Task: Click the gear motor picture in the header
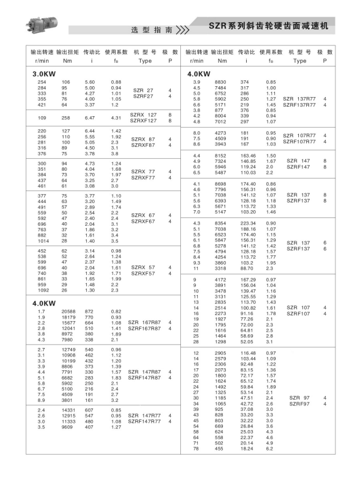click(43, 20)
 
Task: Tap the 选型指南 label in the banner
click(152, 29)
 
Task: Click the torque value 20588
click(66, 311)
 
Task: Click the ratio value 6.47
click(90, 118)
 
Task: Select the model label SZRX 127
click(144, 114)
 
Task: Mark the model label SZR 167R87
click(144, 322)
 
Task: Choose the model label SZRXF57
click(144, 273)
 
